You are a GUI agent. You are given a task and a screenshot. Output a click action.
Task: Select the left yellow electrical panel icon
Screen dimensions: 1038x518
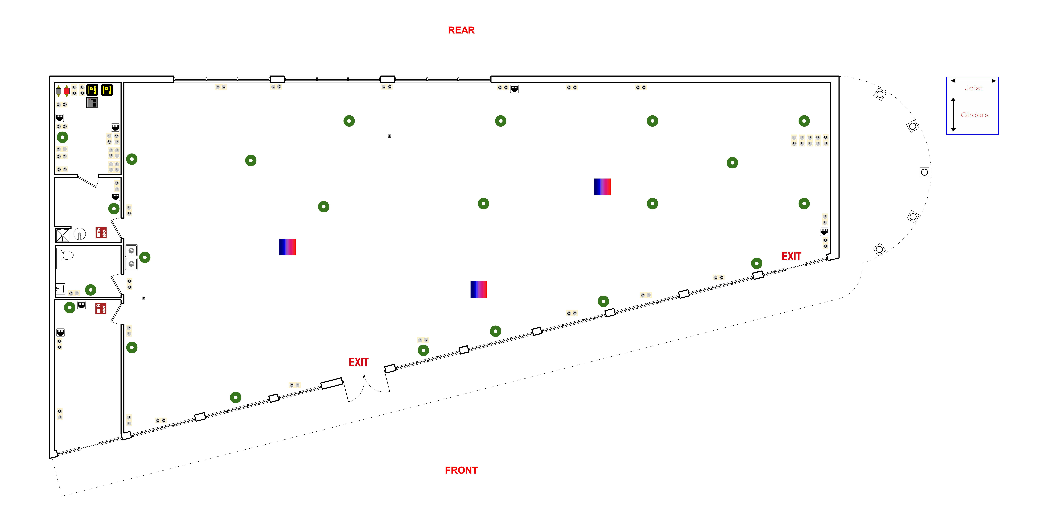pyautogui.click(x=92, y=89)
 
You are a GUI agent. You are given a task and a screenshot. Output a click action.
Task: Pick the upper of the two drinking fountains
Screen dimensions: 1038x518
pyautogui.click(x=131, y=250)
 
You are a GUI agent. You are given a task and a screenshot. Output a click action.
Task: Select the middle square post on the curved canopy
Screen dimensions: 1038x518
pyautogui.click(x=924, y=172)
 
